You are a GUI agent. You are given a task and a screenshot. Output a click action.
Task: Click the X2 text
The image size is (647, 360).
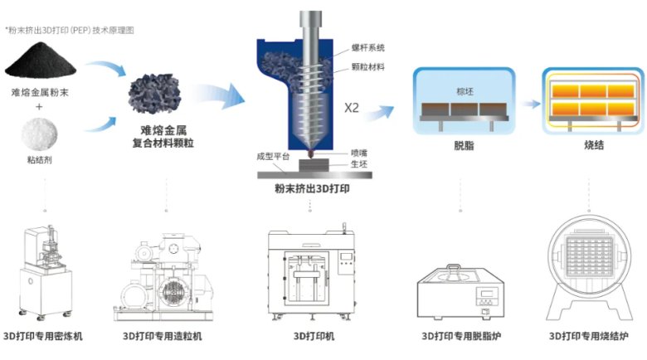(x=352, y=108)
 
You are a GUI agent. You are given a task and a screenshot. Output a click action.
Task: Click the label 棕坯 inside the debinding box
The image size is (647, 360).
(x=464, y=90)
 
